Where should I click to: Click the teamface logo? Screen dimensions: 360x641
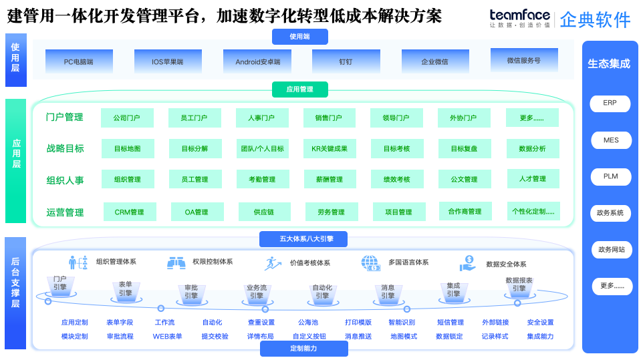tap(519, 18)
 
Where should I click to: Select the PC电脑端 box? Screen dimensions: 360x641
tap(78, 61)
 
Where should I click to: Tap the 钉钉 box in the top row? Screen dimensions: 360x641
tap(346, 61)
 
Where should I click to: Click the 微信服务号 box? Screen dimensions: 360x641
tap(523, 60)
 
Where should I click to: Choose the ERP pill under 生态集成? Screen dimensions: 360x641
tap(610, 104)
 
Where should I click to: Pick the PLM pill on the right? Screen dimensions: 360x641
tap(610, 176)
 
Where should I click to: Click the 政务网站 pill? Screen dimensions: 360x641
tap(611, 250)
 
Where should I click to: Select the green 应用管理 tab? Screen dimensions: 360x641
tap(299, 89)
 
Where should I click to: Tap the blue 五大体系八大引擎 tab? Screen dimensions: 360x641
tap(306, 239)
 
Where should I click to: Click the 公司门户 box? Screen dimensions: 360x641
tap(126, 118)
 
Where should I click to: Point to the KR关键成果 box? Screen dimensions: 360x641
tap(330, 149)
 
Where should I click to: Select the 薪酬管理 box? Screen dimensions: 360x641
tap(329, 180)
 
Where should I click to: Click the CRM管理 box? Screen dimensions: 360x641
tap(129, 212)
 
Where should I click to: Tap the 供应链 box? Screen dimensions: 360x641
tap(264, 212)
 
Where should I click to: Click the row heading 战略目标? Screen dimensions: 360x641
tap(65, 148)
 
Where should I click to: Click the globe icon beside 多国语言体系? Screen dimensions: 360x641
tap(370, 262)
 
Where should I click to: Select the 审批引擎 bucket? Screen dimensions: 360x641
tap(191, 292)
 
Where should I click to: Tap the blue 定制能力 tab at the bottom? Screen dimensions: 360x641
tap(303, 349)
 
